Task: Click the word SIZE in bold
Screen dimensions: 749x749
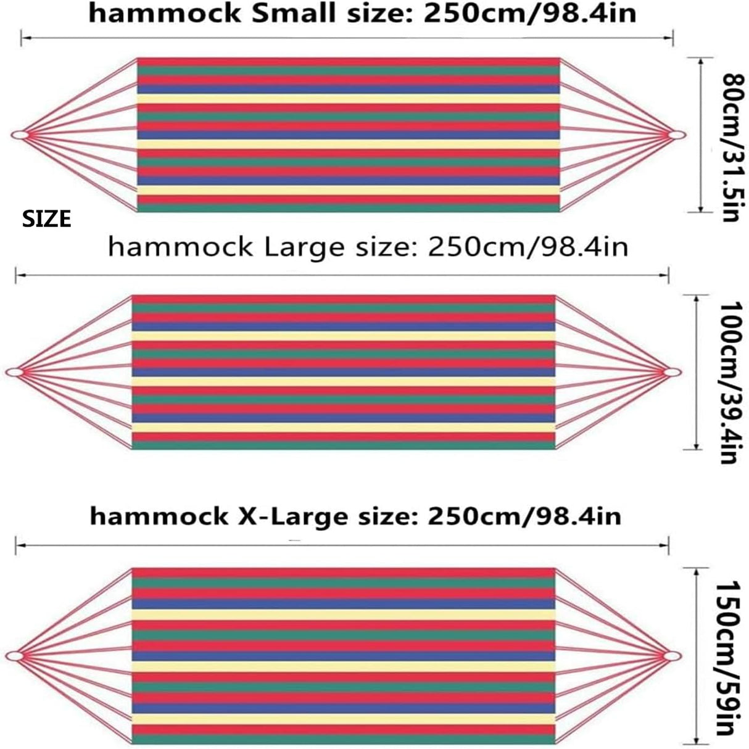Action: point(47,219)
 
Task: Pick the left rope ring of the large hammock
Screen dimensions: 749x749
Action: point(14,372)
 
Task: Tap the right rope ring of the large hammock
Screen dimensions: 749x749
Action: point(672,372)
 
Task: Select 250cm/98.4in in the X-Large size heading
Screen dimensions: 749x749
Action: point(524,516)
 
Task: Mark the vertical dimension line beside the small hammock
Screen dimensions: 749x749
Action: point(700,134)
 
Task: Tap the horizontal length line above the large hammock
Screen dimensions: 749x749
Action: point(342,274)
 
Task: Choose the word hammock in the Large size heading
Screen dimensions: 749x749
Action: point(180,247)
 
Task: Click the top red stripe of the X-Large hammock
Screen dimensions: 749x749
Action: point(344,572)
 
